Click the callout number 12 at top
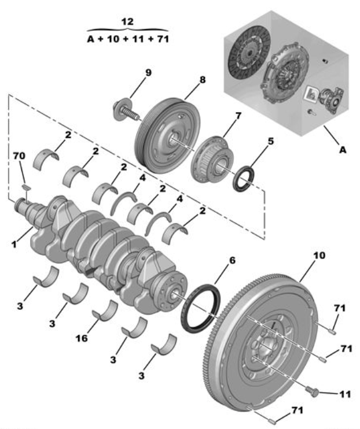coord(127,21)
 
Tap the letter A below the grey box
coord(343,150)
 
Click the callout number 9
coord(148,73)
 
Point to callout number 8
coord(203,80)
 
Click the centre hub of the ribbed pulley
coord(174,139)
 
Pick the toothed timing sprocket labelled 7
coord(212,158)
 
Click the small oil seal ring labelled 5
coord(243,179)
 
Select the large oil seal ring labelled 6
coord(201,308)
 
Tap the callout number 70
coord(19,156)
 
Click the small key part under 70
coord(27,187)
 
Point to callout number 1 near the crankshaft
coord(14,244)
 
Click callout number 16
coord(82,338)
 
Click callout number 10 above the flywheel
coord(319,256)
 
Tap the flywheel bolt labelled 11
coord(313,392)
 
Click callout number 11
coord(345,394)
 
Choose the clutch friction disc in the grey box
coord(249,53)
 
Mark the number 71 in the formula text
coord(163,39)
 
